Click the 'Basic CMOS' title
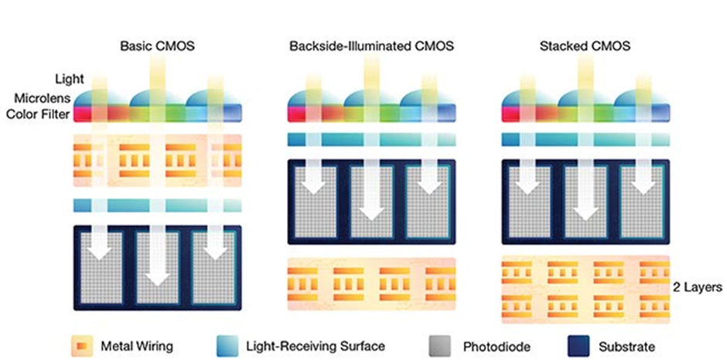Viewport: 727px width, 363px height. [157, 46]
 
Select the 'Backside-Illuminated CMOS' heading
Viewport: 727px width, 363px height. [371, 46]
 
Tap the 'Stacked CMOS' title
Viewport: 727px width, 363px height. [585, 46]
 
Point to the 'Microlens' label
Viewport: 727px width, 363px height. [43, 98]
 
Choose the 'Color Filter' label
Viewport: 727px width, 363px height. [38, 114]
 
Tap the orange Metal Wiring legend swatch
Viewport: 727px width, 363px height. [80, 345]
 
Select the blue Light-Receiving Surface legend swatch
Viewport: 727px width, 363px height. [227, 345]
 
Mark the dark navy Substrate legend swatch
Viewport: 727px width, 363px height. [577, 345]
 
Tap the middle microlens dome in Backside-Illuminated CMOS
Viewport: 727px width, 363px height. [371, 97]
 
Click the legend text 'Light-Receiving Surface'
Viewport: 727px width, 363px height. [316, 345]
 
